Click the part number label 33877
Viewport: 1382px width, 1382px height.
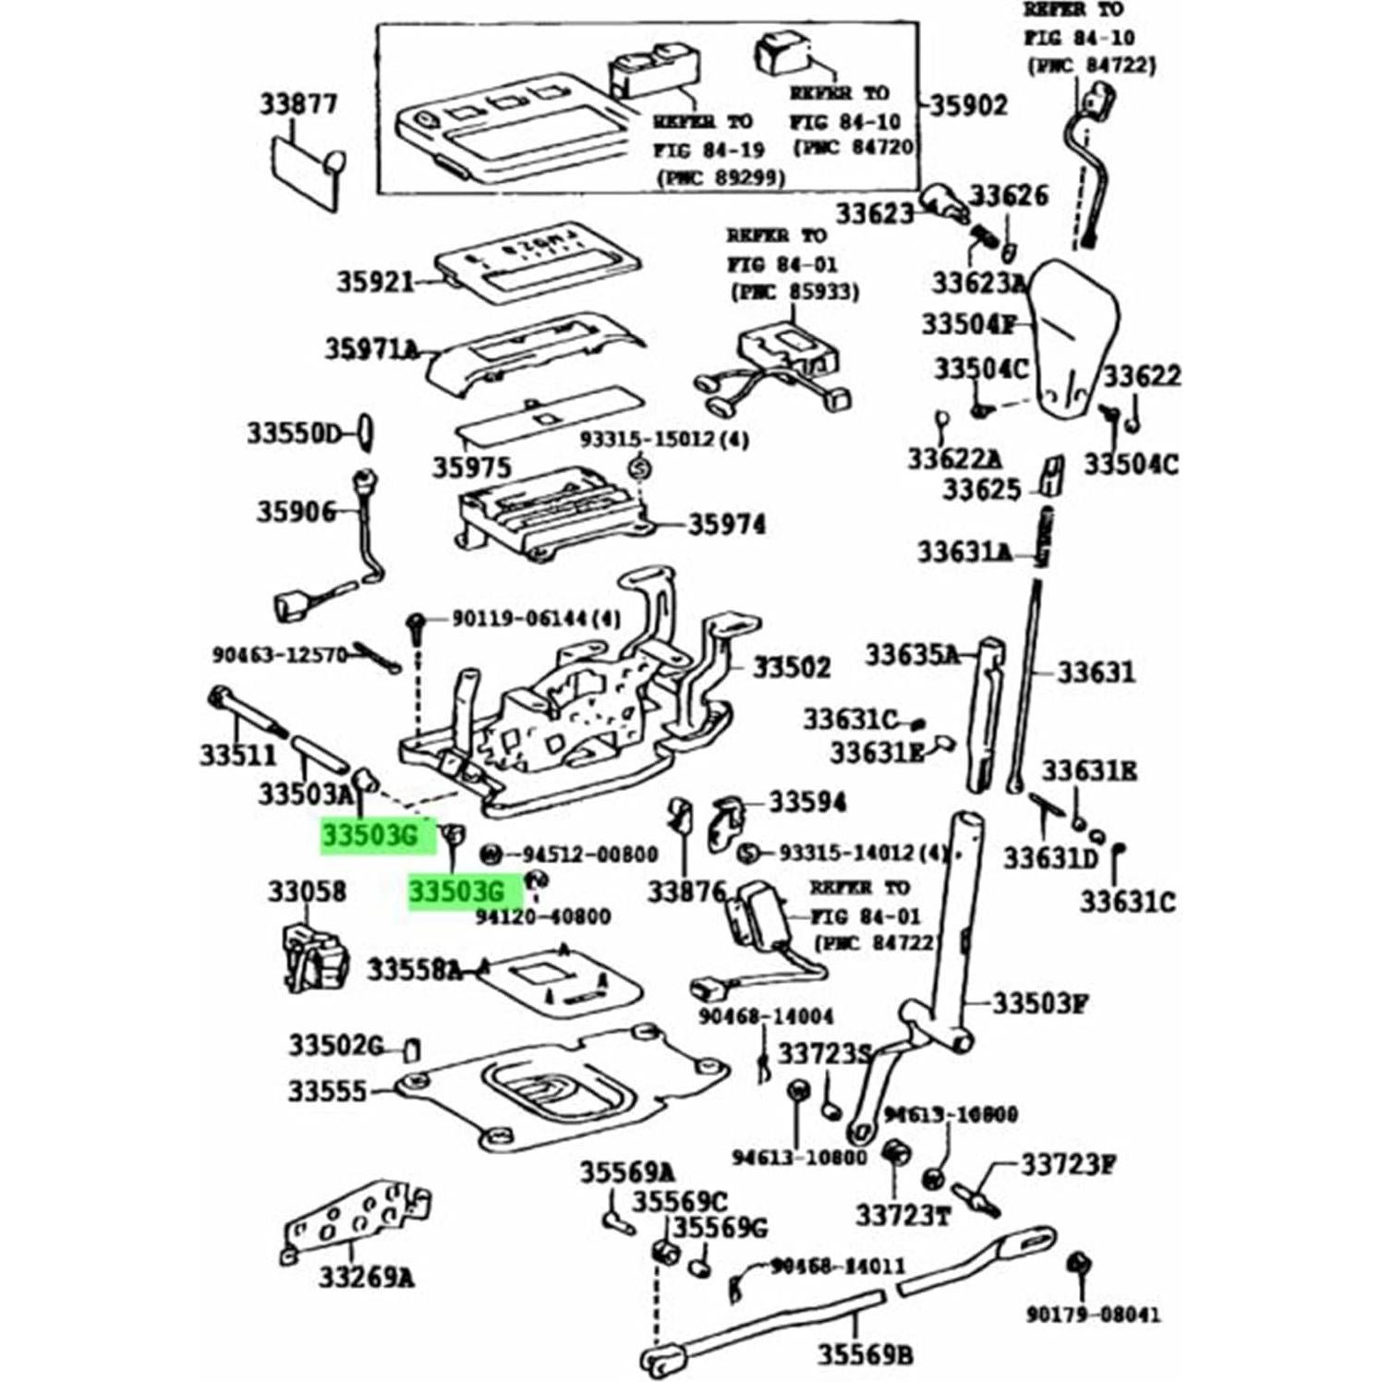297,104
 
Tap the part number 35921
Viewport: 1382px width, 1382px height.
375,281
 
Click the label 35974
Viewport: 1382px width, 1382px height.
726,525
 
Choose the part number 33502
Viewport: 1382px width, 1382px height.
792,667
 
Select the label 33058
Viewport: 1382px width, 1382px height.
307,891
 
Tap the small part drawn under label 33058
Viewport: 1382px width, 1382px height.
314,956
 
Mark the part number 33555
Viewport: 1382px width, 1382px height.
327,1091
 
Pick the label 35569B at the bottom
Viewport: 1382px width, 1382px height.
865,1354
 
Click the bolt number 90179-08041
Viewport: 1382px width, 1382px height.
1093,1314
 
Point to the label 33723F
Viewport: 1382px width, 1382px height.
1066,1165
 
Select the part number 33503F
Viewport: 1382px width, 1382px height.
1040,1003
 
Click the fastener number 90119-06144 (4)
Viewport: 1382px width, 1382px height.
536,618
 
